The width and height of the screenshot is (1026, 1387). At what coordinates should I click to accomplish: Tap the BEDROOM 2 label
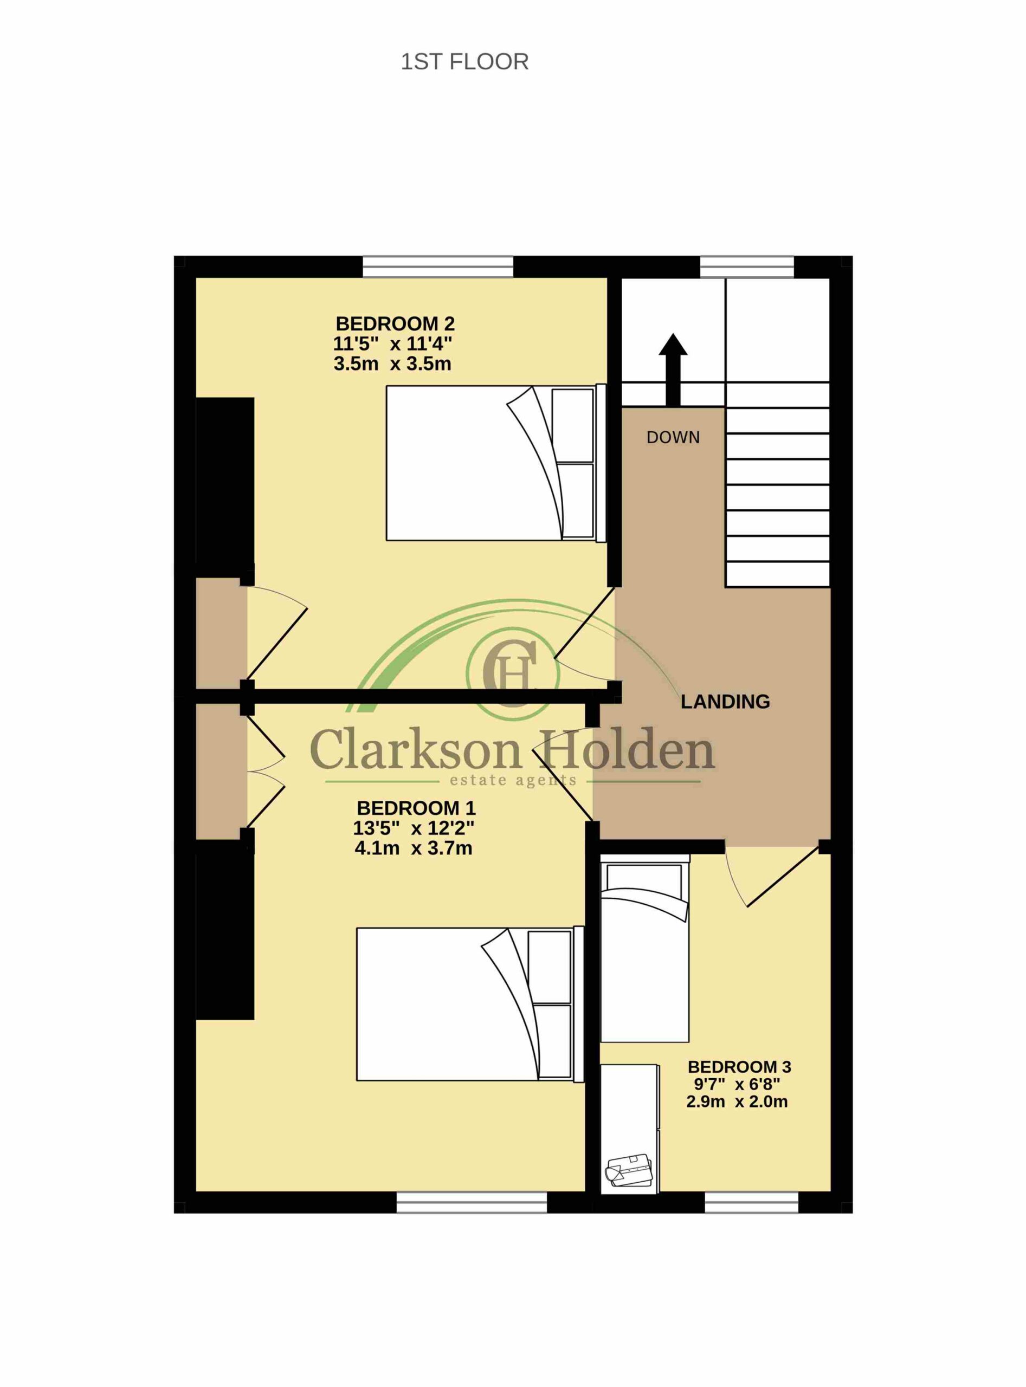tap(395, 323)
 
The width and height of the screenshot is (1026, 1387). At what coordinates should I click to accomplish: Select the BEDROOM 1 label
tap(416, 808)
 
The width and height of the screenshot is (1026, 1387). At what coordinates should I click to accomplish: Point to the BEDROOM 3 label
tap(739, 1067)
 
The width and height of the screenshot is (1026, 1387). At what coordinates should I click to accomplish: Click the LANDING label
tap(725, 702)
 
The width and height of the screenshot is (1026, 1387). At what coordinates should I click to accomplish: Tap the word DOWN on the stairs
tap(673, 438)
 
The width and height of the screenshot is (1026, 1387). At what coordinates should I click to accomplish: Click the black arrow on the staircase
tap(673, 370)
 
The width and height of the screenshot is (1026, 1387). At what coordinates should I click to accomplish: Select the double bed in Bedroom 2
tap(495, 463)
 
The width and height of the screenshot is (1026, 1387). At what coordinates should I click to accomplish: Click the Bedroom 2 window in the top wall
tap(438, 267)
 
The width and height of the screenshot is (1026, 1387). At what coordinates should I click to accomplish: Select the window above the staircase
tap(747, 267)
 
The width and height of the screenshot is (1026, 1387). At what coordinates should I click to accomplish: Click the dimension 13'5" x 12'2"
tap(414, 828)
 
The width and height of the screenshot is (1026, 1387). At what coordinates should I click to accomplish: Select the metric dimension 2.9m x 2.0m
tap(737, 1102)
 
